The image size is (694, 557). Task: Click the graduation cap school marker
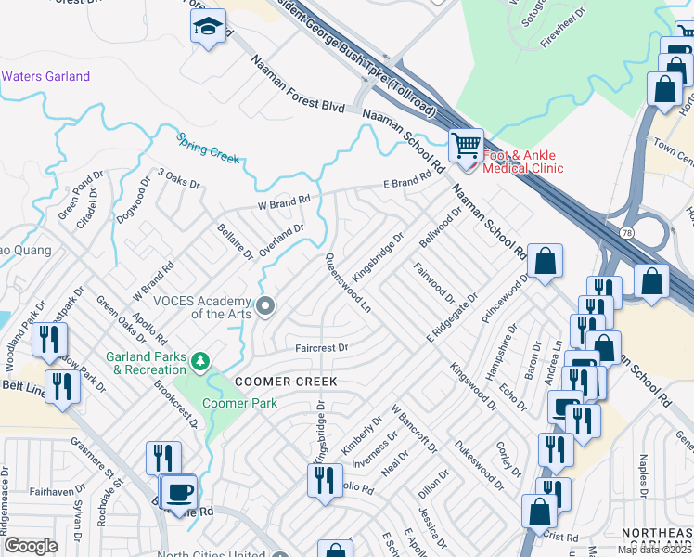pos(209,27)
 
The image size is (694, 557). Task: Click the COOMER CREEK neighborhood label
pos(285,382)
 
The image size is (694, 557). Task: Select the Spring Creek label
pos(208,148)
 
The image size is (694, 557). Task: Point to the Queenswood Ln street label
pos(347,282)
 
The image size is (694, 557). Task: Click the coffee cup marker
pos(180,492)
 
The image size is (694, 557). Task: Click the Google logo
pos(31,545)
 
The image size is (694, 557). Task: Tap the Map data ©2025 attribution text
pos(655,550)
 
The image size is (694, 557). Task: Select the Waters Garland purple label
pos(45,76)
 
